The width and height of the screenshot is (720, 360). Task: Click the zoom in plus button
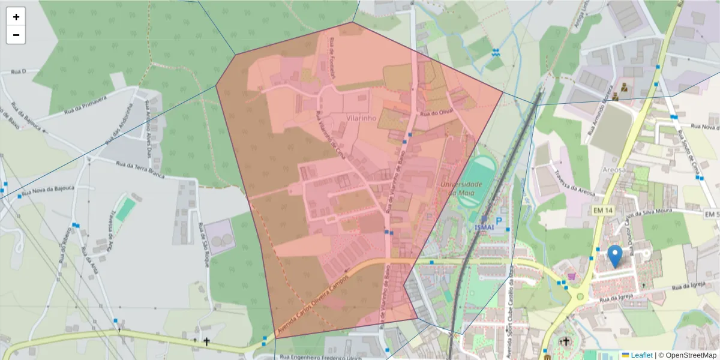(x=16, y=17)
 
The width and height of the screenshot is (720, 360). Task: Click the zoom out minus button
(x=16, y=35)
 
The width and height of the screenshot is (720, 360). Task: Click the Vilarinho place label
(x=361, y=118)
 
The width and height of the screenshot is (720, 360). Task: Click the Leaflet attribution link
(x=641, y=355)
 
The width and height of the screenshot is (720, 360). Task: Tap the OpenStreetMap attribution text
(x=688, y=355)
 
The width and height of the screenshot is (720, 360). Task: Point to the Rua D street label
(x=20, y=71)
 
